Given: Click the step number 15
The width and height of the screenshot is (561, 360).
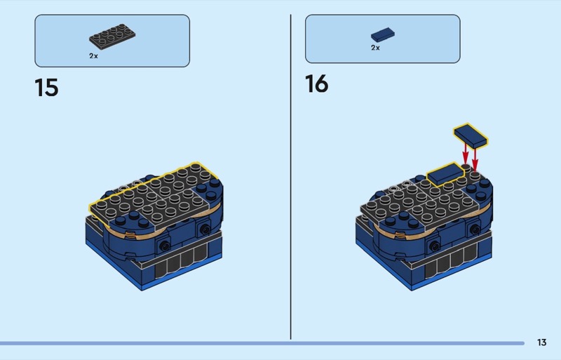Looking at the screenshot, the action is point(46,88).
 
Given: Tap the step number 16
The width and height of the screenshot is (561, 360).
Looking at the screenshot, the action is point(317,84).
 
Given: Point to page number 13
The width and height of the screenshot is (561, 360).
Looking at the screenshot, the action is point(541,342).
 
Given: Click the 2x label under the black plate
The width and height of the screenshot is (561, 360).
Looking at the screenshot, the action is point(93,56).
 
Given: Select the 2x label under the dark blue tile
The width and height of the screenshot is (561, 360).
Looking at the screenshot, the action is point(375,48).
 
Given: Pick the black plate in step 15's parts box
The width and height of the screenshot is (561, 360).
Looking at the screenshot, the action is point(112,36).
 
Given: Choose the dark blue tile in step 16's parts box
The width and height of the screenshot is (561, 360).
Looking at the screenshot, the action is point(383,35).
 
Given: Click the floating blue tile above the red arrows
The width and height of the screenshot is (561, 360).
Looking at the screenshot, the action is point(471,135).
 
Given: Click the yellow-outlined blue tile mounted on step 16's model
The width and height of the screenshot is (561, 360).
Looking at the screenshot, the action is point(445,174).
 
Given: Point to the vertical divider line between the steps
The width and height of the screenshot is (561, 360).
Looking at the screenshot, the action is point(290,177).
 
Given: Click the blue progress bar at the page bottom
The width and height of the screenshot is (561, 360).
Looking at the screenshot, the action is point(262,343).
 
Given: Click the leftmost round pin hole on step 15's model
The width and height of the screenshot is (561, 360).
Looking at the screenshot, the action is point(165,246).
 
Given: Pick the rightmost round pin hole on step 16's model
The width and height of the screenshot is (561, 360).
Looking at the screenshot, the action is point(475,229).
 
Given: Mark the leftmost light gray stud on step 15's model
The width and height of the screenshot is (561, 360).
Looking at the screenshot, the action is point(124,187).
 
